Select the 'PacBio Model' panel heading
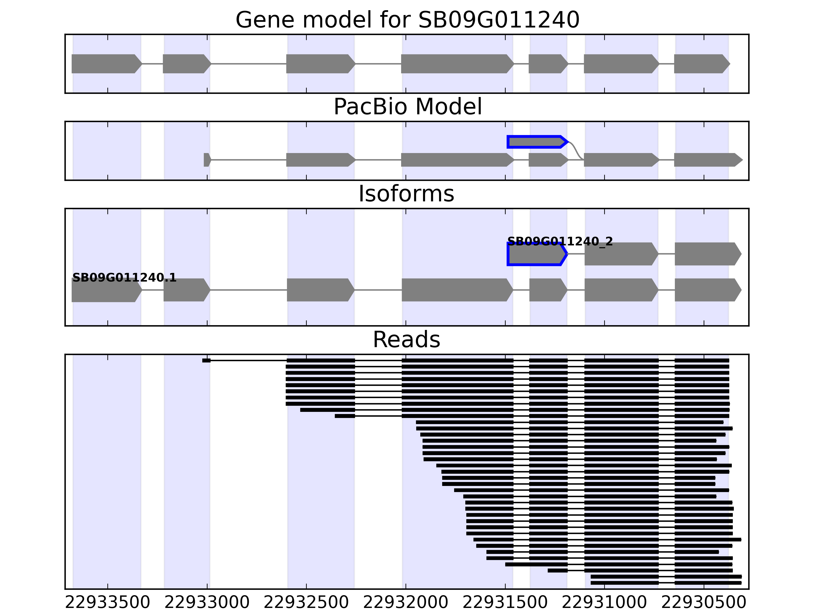point(407,107)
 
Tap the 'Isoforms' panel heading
point(406,194)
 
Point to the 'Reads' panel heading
point(406,340)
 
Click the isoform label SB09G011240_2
point(560,242)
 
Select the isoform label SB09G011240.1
point(124,278)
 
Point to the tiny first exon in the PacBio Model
point(207,160)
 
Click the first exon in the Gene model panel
point(105,64)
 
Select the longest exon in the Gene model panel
point(456,64)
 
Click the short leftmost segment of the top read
point(206,360)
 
